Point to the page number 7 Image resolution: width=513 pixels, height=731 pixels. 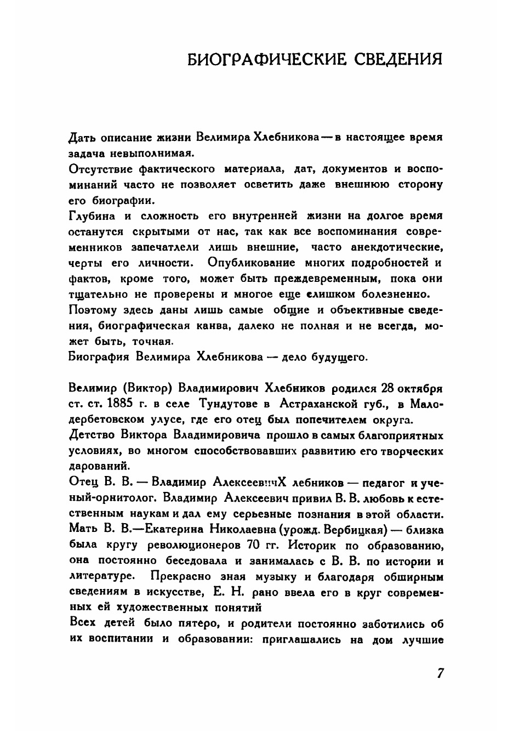point(440,674)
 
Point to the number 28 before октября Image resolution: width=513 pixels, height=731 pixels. point(385,388)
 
